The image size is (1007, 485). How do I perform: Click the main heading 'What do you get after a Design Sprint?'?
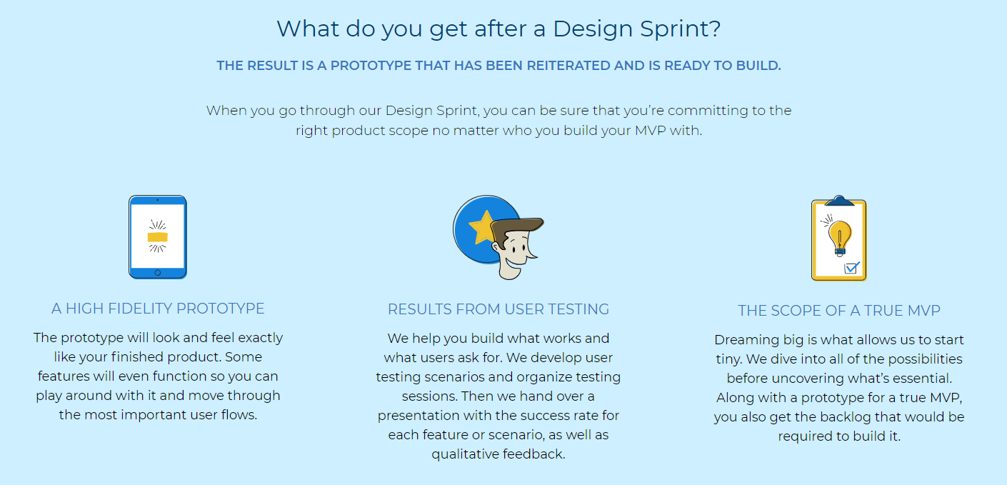pyautogui.click(x=499, y=29)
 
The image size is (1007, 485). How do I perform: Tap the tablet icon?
pyautogui.click(x=158, y=237)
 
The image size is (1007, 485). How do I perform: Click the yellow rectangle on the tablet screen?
pyautogui.click(x=158, y=237)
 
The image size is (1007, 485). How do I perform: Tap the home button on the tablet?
pyautogui.click(x=158, y=273)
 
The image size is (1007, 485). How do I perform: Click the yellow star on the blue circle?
pyautogui.click(x=482, y=227)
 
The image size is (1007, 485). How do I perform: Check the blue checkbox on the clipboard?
pyautogui.click(x=851, y=268)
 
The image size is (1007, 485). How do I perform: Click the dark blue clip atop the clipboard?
pyautogui.click(x=839, y=201)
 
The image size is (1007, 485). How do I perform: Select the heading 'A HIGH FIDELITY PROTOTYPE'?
pyautogui.click(x=158, y=309)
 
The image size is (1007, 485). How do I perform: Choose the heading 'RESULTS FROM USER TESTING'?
pyautogui.click(x=499, y=309)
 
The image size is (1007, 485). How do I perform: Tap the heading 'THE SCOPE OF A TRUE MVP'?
pyautogui.click(x=839, y=311)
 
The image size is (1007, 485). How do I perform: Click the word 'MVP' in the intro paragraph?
pyautogui.click(x=650, y=130)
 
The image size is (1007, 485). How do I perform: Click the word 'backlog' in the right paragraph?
pyautogui.click(x=846, y=417)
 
